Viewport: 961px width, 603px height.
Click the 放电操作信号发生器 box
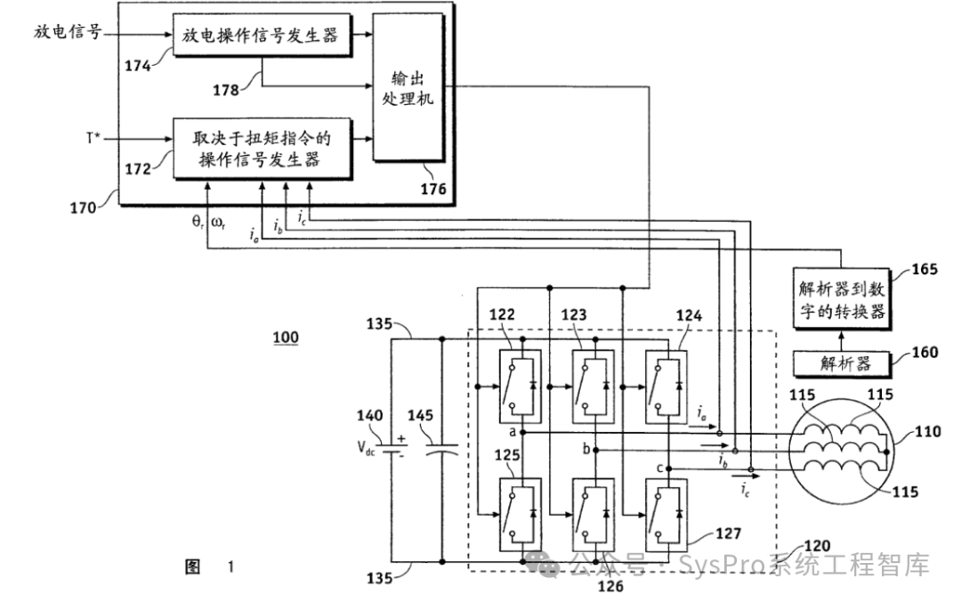[262, 35]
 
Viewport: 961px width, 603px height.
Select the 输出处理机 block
[408, 87]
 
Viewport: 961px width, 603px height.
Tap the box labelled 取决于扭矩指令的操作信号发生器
[262, 148]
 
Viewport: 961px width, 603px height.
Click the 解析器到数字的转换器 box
[841, 298]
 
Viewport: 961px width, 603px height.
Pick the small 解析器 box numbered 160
[842, 363]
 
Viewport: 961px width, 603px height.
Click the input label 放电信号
[68, 32]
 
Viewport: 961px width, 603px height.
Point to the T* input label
[93, 138]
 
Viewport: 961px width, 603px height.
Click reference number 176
[432, 189]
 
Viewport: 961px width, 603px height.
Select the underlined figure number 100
[286, 338]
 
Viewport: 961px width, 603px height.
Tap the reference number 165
[925, 269]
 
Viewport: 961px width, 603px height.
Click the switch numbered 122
[520, 386]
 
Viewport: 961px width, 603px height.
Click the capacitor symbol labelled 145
[442, 449]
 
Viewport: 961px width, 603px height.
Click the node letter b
[586, 449]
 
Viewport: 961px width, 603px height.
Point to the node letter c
[659, 469]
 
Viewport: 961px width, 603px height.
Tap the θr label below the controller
[198, 222]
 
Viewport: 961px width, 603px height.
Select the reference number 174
[138, 66]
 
